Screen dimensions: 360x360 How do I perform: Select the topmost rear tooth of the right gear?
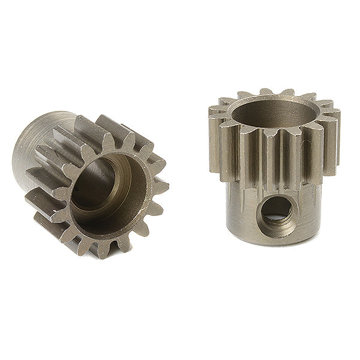coord(282,93)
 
